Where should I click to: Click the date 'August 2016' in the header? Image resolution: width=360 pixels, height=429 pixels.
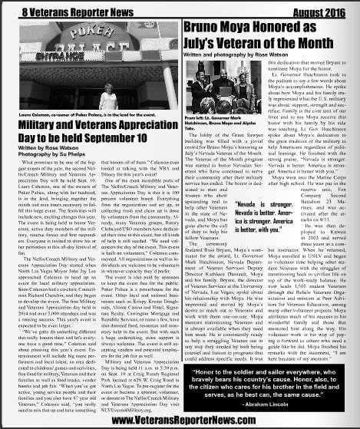point(315,12)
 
